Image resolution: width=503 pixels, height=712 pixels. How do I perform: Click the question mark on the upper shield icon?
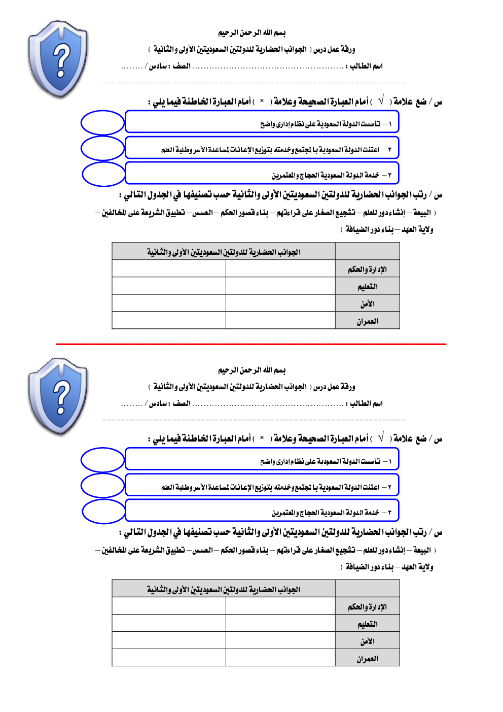(61, 60)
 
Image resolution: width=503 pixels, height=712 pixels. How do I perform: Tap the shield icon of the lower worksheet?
(58, 396)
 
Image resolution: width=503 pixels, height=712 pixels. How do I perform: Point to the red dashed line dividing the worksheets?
(251, 344)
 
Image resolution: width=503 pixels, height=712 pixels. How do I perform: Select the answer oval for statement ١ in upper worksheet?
(103, 123)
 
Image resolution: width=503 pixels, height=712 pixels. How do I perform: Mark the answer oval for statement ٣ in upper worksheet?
(103, 174)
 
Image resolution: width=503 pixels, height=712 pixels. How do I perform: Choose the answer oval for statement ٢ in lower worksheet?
(103, 486)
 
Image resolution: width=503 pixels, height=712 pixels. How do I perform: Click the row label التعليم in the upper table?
(367, 287)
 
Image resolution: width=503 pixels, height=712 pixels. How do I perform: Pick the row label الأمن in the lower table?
(367, 641)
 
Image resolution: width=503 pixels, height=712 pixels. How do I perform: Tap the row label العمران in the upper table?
(367, 321)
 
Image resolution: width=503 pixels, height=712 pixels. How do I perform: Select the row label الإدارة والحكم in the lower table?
(367, 607)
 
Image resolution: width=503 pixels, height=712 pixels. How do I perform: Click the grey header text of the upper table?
(224, 252)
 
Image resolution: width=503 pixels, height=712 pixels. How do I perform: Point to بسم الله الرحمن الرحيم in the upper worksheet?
(251, 33)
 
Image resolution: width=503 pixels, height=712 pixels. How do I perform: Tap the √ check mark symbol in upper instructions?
(381, 100)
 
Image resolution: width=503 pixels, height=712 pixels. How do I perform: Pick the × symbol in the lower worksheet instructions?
(262, 437)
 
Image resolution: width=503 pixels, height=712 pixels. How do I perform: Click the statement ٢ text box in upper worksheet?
(262, 149)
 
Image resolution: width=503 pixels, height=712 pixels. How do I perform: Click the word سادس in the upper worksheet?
(158, 66)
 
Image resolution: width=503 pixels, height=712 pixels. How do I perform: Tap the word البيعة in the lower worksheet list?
(422, 550)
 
